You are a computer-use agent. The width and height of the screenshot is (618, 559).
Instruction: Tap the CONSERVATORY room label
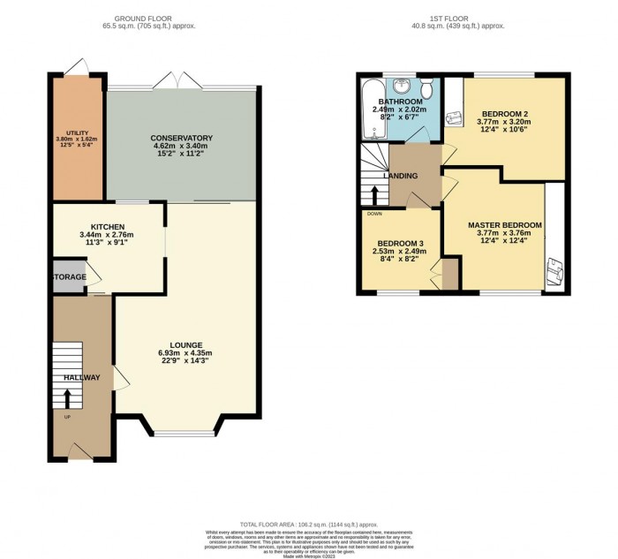pos(181,139)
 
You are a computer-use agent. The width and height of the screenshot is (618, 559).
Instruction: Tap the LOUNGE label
pos(186,344)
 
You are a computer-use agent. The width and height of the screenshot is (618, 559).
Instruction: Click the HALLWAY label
pos(81,378)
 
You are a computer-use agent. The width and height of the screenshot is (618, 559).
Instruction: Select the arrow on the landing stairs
pos(373,193)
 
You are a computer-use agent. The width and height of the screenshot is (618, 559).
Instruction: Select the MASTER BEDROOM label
pos(505,225)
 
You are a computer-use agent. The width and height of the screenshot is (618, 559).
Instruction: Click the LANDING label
pos(400,176)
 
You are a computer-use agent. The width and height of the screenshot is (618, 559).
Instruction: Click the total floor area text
pos(309,524)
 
